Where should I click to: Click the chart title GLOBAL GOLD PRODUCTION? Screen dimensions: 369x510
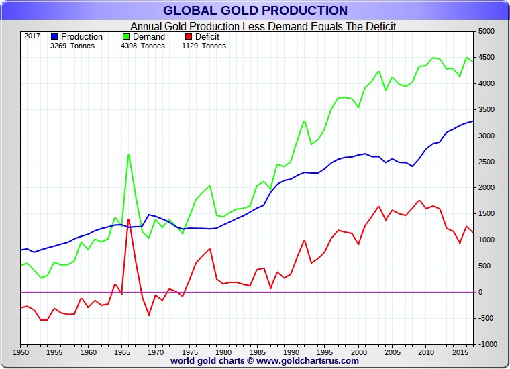click(255, 10)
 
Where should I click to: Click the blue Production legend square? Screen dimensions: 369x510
click(54, 36)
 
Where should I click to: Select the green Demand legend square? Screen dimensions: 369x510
click(127, 36)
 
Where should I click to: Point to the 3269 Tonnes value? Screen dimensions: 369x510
click(72, 46)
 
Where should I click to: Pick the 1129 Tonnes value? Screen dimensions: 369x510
click(203, 46)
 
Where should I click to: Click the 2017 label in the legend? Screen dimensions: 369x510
click(32, 36)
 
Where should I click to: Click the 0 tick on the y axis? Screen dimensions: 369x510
click(480, 292)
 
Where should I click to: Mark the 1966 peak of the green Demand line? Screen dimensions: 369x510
click(128, 155)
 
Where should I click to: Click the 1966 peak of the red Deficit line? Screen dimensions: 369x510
click(128, 219)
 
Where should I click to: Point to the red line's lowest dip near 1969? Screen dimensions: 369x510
click(148, 315)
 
